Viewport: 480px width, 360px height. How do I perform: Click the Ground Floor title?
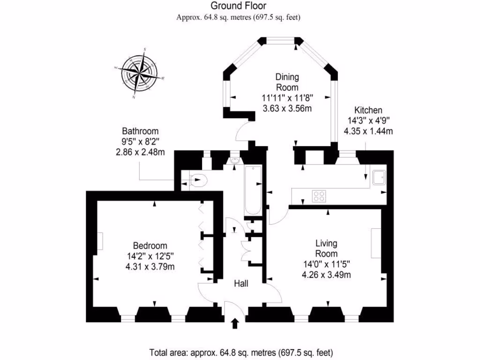tap(238, 6)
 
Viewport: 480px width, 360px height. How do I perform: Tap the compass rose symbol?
tap(139, 74)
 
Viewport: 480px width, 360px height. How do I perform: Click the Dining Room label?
tap(287, 82)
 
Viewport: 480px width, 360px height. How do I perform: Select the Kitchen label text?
tap(368, 110)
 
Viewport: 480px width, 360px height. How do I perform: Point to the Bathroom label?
tap(140, 131)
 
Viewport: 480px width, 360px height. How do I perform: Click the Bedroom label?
tap(150, 246)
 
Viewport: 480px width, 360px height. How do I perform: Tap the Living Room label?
tap(326, 248)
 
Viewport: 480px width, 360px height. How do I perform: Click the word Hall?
tap(241, 284)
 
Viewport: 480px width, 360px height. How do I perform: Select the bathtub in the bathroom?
tap(253, 190)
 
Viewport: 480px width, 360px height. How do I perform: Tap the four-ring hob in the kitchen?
tap(319, 196)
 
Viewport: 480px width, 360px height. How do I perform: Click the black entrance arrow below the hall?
tap(235, 323)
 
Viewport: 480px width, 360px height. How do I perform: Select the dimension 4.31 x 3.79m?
tap(150, 267)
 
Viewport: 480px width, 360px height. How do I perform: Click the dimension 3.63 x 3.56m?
tap(287, 108)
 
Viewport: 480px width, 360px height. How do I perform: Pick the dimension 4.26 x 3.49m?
tap(326, 275)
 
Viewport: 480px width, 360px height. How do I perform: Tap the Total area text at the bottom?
tap(241, 352)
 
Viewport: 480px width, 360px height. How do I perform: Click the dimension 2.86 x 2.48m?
tap(140, 152)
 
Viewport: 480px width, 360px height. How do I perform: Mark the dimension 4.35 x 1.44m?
tap(368, 131)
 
